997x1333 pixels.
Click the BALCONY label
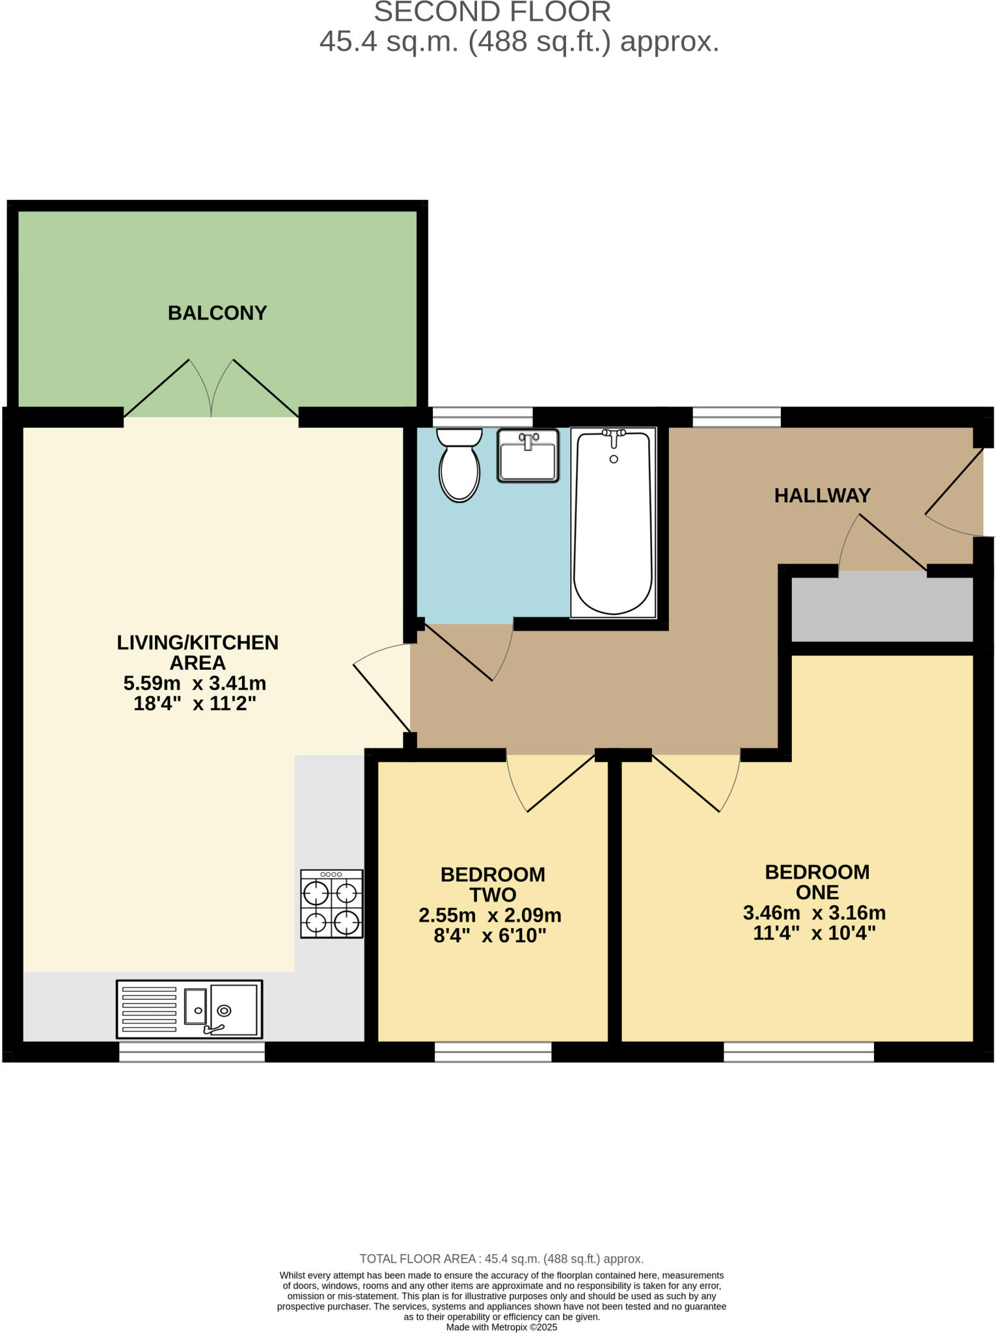coord(217,313)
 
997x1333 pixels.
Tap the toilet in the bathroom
coord(459,465)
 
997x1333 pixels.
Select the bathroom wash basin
coord(528,456)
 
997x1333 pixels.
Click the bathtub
coord(613,523)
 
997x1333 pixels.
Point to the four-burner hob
coord(331,904)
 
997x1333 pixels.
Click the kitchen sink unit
coord(189,1010)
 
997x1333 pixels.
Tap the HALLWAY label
coord(822,496)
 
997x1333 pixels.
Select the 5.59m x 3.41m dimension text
coord(195,683)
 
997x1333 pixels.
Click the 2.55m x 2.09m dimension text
coord(489,916)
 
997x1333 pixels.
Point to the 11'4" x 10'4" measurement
coord(814,933)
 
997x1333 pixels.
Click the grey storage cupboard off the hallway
coord(882,609)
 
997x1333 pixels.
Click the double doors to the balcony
coord(212,391)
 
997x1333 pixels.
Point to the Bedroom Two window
coord(493,1052)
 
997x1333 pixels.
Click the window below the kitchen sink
coord(191,1052)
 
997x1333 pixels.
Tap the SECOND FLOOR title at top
coord(493,12)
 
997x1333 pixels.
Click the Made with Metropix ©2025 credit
coord(501,1327)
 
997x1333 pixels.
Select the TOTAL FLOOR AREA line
coord(501,1259)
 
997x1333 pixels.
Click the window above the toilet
coord(482,417)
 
